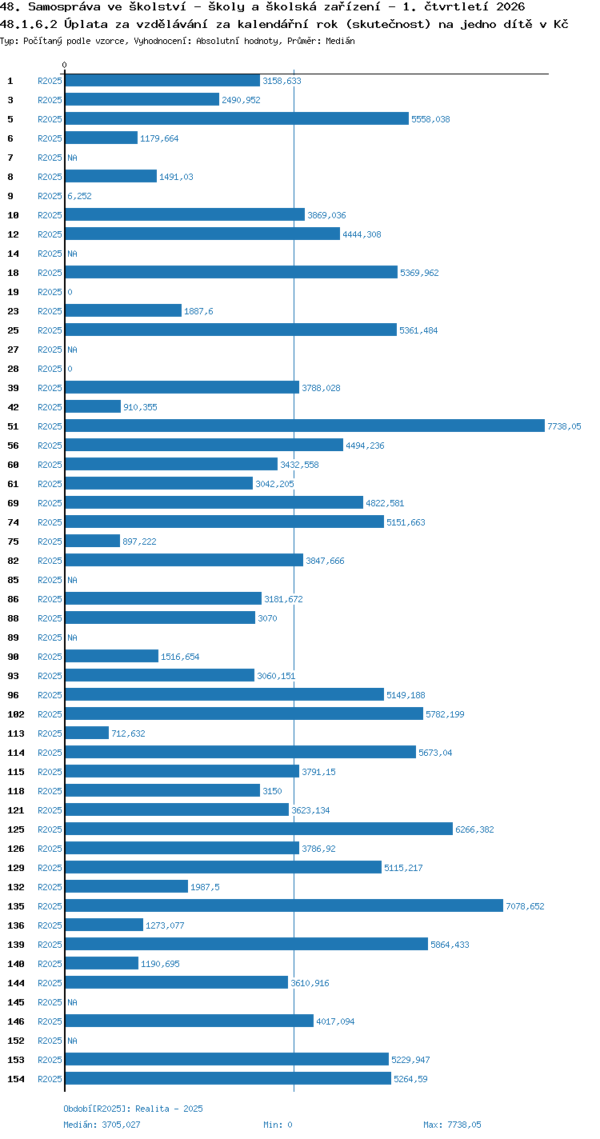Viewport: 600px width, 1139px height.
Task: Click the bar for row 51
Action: click(x=305, y=426)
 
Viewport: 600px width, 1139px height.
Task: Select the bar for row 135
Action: click(x=284, y=905)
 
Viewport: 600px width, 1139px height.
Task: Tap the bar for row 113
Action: click(x=87, y=733)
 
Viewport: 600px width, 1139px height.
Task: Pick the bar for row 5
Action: click(x=237, y=118)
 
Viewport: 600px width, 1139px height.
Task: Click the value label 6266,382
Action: click(x=474, y=829)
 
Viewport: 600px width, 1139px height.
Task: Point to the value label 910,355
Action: click(x=140, y=407)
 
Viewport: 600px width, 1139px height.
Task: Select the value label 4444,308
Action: click(x=362, y=234)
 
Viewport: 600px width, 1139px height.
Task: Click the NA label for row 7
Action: click(x=72, y=158)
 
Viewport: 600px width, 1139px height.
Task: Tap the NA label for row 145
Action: click(x=72, y=1002)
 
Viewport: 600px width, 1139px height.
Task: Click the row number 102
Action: click(x=16, y=714)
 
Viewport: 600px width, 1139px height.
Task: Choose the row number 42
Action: click(x=14, y=407)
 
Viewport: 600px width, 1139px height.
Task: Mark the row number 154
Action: click(x=16, y=1079)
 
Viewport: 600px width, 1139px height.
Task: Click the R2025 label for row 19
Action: click(x=50, y=292)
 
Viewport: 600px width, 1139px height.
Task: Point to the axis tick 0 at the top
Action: click(x=65, y=65)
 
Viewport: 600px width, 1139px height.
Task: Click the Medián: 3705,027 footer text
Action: click(x=102, y=1125)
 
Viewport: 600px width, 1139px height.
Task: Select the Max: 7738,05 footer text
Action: click(x=452, y=1125)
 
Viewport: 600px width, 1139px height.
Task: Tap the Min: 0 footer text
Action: click(x=278, y=1125)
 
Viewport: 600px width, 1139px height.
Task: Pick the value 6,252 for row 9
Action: click(x=79, y=196)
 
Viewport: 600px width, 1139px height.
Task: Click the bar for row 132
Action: click(x=126, y=886)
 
